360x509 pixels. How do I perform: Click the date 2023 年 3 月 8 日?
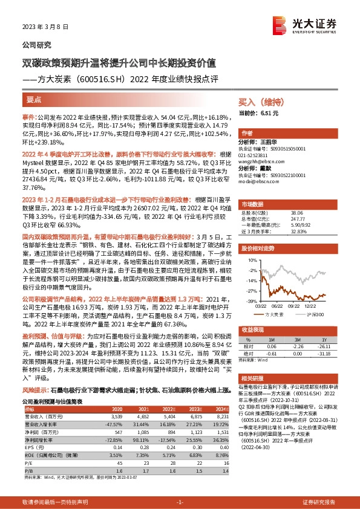(x=45, y=27)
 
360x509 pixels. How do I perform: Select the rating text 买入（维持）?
(x=261, y=102)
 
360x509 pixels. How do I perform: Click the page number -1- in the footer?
(x=180, y=502)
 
